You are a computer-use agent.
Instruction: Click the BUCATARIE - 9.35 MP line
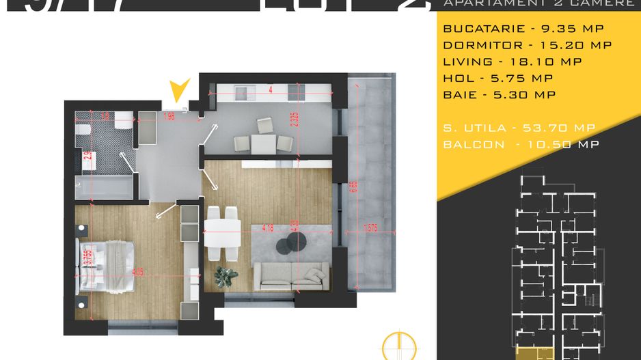[x=516, y=29]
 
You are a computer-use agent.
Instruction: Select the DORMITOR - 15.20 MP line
[x=527, y=45]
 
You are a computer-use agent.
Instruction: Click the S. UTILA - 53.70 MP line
[x=519, y=128]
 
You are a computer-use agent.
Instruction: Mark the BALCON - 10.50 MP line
[x=521, y=144]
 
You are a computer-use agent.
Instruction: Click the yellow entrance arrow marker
[x=179, y=91]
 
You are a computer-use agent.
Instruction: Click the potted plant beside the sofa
[x=226, y=275]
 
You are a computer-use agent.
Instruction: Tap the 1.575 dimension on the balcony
[x=372, y=228]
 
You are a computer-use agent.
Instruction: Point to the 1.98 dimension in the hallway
[x=170, y=117]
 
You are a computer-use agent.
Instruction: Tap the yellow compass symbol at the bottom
[x=398, y=346]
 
